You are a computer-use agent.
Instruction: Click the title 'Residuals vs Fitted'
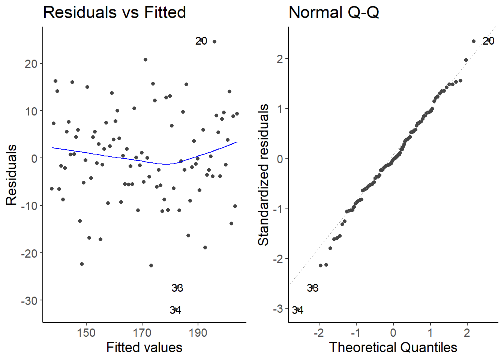114,12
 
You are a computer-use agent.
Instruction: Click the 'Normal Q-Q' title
334,12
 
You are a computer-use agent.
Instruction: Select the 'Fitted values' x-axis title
144,347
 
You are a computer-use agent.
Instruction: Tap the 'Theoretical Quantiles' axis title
393,347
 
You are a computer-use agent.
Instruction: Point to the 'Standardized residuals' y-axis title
264,175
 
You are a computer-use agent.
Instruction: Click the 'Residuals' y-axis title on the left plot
12,175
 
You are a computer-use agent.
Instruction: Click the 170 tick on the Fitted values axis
142,333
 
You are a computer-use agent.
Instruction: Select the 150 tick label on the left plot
86,333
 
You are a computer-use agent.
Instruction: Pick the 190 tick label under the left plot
198,333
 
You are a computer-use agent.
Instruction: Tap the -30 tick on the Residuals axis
29,301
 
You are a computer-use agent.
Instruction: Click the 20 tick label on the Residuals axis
31,64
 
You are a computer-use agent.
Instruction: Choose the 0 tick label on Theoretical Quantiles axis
393,333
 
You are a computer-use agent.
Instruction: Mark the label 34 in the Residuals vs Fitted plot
175,310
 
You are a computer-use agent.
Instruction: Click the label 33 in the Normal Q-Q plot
313,288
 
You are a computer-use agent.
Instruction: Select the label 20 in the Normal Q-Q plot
488,41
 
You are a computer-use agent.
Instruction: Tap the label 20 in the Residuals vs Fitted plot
201,41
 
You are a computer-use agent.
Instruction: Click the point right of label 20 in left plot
214,42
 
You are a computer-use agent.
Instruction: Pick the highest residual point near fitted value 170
145,60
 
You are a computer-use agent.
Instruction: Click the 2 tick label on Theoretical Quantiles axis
467,333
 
